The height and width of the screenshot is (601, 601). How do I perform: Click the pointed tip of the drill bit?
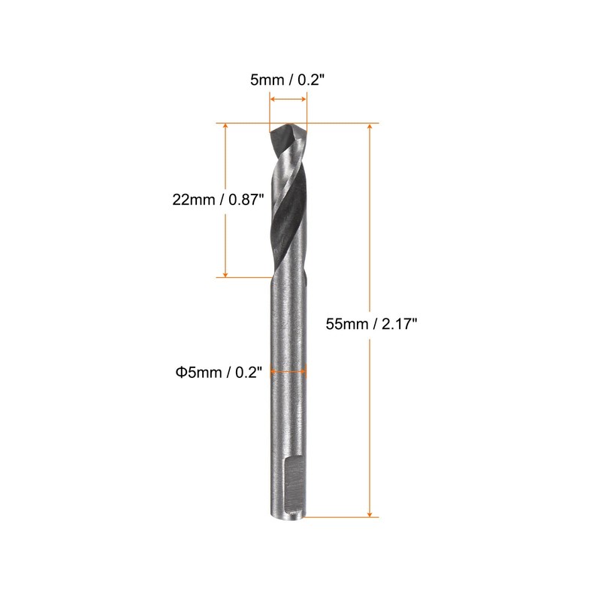click(x=288, y=126)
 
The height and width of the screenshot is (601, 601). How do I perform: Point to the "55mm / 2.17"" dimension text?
click(x=370, y=324)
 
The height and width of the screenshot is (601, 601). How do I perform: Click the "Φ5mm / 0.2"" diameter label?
click(x=218, y=370)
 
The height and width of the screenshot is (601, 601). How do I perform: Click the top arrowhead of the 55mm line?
click(x=370, y=127)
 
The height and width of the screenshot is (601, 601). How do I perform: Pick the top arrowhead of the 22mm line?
click(x=225, y=127)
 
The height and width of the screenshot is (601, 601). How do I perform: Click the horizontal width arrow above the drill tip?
click(x=288, y=99)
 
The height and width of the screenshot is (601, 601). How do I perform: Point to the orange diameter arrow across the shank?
click(x=288, y=370)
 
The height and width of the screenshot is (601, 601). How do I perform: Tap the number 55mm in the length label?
click(x=342, y=324)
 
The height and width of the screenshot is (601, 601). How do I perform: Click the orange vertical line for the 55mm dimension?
click(x=370, y=225)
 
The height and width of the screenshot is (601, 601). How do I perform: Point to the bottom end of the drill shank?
click(x=288, y=515)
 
